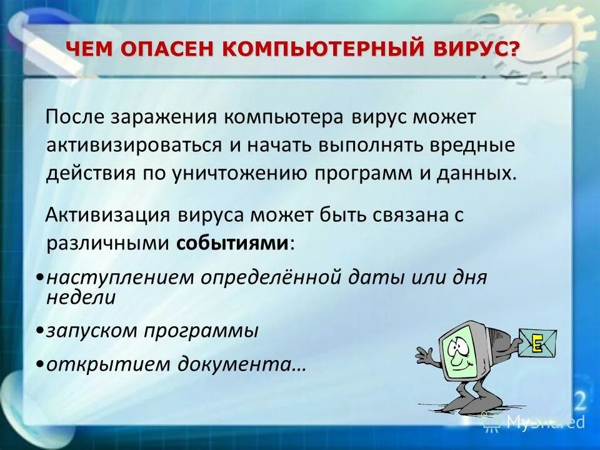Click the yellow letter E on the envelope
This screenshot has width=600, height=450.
[536, 342]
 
